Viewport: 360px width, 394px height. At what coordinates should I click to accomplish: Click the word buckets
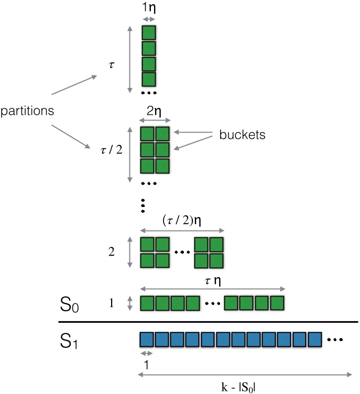pos(243,135)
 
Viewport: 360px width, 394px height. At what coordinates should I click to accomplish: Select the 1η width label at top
pos(149,9)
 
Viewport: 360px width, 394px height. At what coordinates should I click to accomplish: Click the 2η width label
pos(156,112)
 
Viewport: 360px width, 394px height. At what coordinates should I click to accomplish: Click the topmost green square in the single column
pos(149,32)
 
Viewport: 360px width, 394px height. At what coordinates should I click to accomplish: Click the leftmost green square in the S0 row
pos(148,303)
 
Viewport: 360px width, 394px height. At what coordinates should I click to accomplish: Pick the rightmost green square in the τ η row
pos(276,303)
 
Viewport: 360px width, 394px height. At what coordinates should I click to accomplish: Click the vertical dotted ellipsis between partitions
pos(142,205)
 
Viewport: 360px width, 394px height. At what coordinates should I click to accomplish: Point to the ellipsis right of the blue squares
pos(335,340)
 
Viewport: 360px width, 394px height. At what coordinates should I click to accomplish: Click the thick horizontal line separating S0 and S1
pos(208,322)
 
